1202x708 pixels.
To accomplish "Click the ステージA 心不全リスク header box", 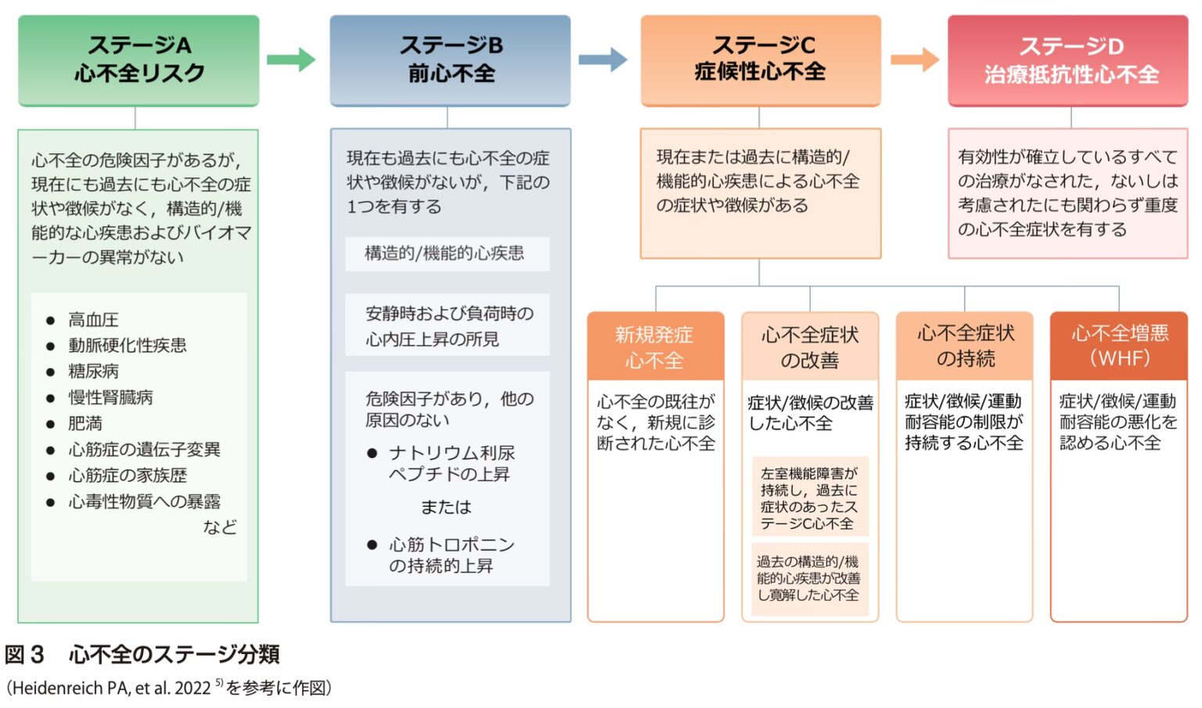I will click(139, 60).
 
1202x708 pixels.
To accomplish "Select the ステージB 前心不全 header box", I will click(450, 60).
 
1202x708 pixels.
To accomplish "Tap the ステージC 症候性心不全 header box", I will click(761, 59).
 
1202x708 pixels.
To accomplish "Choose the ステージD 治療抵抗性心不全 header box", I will click(1068, 60).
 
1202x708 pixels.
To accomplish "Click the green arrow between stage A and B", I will click(290, 59).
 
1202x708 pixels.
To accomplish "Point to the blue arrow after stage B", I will click(602, 59).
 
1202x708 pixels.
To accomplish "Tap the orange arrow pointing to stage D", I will click(914, 59).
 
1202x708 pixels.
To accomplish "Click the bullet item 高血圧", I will click(93, 320).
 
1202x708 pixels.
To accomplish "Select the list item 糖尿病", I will click(93, 372).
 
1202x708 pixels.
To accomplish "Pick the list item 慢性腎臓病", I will click(110, 397).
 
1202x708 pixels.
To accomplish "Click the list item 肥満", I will click(85, 423).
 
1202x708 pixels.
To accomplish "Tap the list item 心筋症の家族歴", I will click(128, 476).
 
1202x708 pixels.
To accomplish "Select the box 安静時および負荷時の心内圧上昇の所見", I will click(448, 325).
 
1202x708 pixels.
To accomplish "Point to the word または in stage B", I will click(446, 507).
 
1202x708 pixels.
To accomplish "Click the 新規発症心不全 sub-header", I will click(655, 347).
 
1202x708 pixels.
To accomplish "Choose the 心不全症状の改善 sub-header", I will click(810, 347).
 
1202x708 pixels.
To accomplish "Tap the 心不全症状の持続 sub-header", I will click(964, 346).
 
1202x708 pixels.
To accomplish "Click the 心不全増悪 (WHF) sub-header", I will click(1119, 346).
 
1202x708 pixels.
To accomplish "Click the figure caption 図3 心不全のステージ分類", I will click(142, 654).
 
